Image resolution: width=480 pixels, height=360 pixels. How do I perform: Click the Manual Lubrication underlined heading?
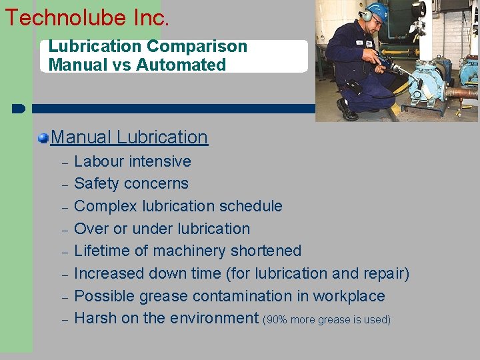[129, 137]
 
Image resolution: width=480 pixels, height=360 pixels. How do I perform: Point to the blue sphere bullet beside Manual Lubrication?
[43, 138]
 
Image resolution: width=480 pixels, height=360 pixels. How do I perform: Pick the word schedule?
[251, 206]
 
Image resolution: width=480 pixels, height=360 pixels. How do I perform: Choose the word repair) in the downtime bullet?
[386, 273]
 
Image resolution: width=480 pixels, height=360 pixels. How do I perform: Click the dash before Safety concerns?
[65, 185]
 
